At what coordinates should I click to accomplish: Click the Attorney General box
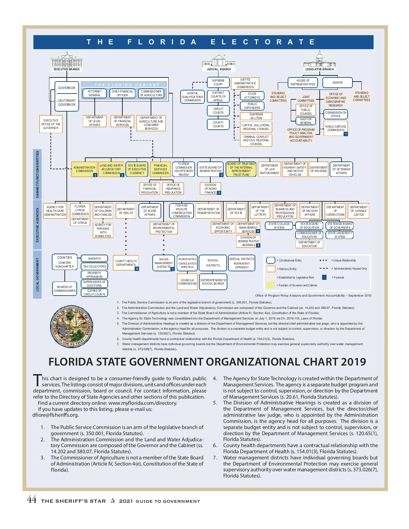click(x=94, y=93)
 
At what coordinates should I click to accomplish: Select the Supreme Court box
click(x=218, y=82)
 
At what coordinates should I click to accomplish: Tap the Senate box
click(x=337, y=83)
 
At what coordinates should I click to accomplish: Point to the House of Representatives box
click(x=303, y=83)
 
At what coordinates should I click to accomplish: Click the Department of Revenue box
click(x=318, y=169)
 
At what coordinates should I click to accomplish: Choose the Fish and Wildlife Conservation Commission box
click(x=181, y=211)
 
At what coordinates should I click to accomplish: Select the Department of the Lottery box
click(x=260, y=211)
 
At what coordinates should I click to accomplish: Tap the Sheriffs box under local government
click(x=94, y=259)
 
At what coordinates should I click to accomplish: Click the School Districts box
click(x=213, y=263)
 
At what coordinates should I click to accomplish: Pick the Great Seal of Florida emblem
click(x=72, y=327)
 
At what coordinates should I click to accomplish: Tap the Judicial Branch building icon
click(x=218, y=61)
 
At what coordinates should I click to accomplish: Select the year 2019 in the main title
click(x=353, y=362)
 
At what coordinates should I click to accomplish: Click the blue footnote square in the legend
click(x=324, y=277)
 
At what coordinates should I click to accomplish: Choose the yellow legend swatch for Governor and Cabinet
click(x=271, y=285)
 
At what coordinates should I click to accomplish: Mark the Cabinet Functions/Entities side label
click(x=37, y=174)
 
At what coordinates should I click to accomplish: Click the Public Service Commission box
click(x=336, y=128)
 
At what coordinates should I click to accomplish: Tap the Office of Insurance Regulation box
click(x=173, y=189)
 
